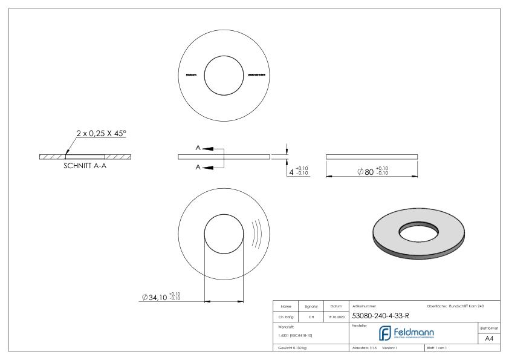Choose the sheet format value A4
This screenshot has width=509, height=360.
pyautogui.click(x=489, y=339)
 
